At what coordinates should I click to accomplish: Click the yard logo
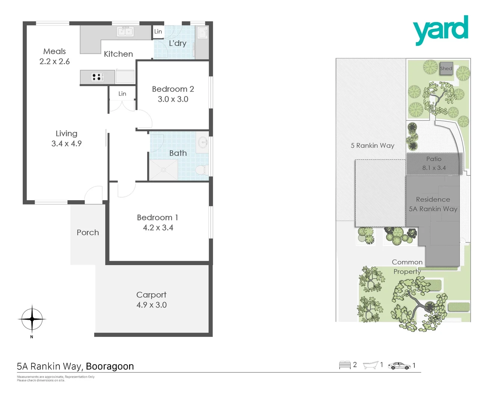[440, 30]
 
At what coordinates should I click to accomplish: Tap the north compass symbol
[32, 319]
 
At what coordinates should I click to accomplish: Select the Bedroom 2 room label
[173, 89]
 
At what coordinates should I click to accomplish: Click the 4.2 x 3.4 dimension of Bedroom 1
[158, 228]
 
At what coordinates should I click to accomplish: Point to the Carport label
[151, 295]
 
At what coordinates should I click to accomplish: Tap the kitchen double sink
[125, 32]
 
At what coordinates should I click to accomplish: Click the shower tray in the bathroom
[163, 170]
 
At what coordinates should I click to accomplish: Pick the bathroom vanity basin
[203, 142]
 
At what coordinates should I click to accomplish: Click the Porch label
[88, 232]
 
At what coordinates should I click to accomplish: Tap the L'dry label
[177, 43]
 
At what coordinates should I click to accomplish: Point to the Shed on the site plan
[446, 68]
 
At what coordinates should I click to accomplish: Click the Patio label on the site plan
[434, 159]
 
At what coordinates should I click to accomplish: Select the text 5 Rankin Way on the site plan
[372, 146]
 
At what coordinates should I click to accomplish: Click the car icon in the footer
[399, 366]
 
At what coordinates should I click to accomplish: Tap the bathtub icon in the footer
[371, 365]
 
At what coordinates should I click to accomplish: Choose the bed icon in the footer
[345, 365]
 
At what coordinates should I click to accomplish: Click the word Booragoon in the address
[110, 366]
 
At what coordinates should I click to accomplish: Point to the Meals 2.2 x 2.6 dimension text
[55, 62]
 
